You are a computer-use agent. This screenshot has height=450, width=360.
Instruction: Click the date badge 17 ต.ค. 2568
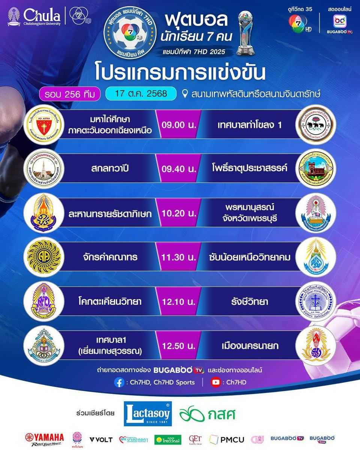[x=141, y=93]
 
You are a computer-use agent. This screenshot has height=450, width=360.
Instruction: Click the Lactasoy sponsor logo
[x=148, y=414]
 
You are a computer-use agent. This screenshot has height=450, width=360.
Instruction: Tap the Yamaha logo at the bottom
[x=45, y=439]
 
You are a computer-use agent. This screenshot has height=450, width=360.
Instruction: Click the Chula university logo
[x=34, y=16]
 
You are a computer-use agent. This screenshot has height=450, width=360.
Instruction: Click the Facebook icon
[x=119, y=382]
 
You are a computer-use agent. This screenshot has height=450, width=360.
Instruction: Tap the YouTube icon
[x=215, y=382]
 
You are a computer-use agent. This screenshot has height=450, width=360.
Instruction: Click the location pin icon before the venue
[x=184, y=93]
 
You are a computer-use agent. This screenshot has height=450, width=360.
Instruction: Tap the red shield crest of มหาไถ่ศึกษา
[x=44, y=125]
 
